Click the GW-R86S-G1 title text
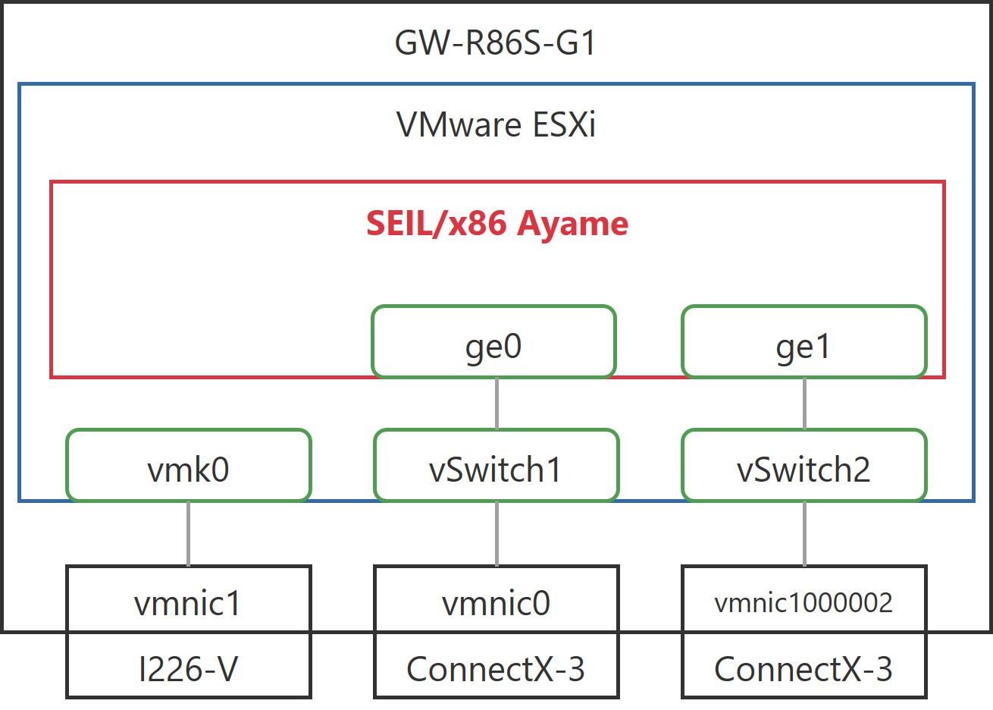click(495, 43)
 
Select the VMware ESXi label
click(496, 124)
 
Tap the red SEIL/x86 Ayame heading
click(497, 224)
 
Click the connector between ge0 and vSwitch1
click(496, 404)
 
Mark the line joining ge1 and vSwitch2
click(804, 404)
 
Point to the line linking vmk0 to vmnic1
click(189, 533)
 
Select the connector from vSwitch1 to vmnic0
click(496, 533)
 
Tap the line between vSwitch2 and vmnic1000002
click(804, 533)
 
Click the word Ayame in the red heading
click(573, 225)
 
